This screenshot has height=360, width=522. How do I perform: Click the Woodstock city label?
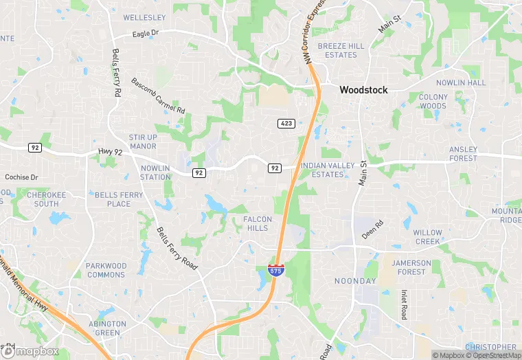pyautogui.click(x=363, y=90)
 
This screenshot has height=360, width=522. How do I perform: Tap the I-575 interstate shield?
pyautogui.click(x=276, y=270)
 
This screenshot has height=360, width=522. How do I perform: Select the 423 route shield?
pyautogui.click(x=287, y=124)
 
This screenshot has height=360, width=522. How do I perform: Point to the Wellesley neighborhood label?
pyautogui.click(x=144, y=17)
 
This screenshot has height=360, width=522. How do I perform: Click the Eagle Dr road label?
pyautogui.click(x=146, y=33)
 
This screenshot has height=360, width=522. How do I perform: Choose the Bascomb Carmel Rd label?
pyautogui.click(x=158, y=95)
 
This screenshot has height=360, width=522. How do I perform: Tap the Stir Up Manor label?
pyautogui.click(x=143, y=142)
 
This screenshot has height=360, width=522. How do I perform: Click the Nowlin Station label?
pyautogui.click(x=155, y=172)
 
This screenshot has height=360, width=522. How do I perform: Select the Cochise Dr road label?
pyautogui.click(x=22, y=177)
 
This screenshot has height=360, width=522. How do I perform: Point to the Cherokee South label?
pyautogui.click(x=47, y=199)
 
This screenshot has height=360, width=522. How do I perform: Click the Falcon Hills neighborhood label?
pyautogui.click(x=258, y=223)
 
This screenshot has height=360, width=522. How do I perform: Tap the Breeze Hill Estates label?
pyautogui.click(x=341, y=50)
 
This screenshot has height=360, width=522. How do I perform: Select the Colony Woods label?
pyautogui.click(x=433, y=102)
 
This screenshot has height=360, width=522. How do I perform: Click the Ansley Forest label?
pyautogui.click(x=463, y=154)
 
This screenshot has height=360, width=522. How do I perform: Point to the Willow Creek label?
pyautogui.click(x=427, y=237)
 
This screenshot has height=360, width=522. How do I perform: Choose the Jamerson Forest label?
pyautogui.click(x=411, y=267)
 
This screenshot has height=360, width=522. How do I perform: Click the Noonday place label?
pyautogui.click(x=354, y=282)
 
